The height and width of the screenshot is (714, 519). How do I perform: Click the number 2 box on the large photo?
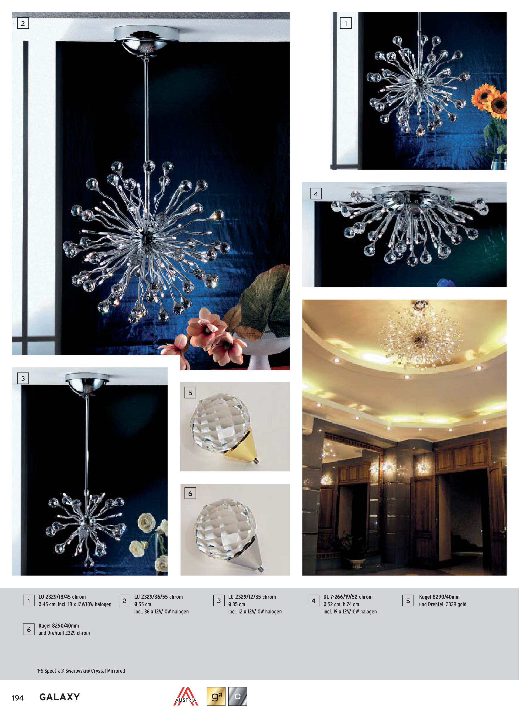[23, 23]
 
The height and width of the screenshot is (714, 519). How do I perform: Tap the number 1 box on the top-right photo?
[346, 23]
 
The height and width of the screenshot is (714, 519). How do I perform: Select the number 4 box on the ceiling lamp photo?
[316, 194]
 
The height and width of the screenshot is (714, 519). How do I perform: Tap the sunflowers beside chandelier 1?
[490, 99]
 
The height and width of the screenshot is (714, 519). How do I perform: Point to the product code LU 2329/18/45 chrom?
[62, 597]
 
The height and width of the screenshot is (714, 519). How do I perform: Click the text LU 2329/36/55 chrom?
[158, 597]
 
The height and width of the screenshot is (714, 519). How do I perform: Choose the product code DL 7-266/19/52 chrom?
[348, 597]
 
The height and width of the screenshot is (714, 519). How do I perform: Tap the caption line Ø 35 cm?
[236, 604]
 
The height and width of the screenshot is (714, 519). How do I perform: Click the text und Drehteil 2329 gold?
[442, 604]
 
